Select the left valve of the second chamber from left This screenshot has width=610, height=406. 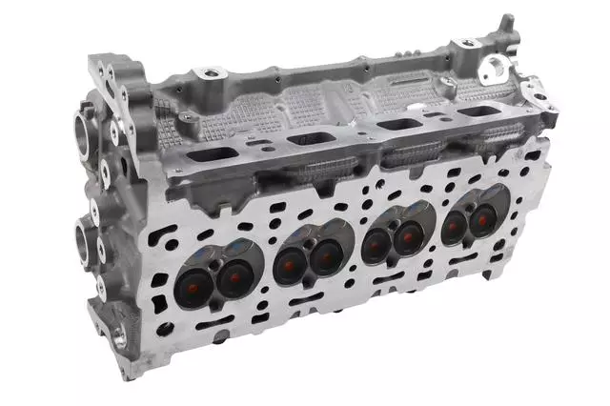click(290, 264)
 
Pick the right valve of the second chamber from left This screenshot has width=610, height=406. click(326, 254)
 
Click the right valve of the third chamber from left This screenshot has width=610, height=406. click(408, 236)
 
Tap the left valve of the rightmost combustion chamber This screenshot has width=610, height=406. click(455, 226)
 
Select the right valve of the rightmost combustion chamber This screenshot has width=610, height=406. click(482, 219)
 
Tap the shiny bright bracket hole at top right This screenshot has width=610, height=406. click(494, 67)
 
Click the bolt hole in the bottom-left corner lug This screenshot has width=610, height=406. click(119, 336)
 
